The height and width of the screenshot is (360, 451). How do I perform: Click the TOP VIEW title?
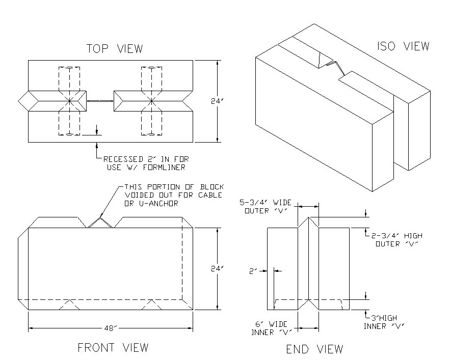click(115, 48)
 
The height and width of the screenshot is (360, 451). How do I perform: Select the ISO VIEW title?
click(403, 46)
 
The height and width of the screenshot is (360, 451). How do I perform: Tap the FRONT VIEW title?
click(113, 348)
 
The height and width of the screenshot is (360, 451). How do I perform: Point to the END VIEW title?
click(314, 349)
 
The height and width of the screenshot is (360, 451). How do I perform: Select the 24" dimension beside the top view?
click(217, 101)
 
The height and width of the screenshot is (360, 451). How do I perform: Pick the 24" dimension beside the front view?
click(217, 269)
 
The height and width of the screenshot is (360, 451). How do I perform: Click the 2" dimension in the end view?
click(253, 271)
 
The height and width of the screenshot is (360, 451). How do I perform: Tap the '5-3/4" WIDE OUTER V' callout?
click(266, 207)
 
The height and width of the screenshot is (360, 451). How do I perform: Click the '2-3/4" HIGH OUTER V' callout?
click(396, 240)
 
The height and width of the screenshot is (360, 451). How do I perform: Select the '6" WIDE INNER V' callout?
click(271, 328)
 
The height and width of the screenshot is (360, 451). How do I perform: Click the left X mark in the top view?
click(70, 101)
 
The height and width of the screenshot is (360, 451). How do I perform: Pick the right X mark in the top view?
click(151, 101)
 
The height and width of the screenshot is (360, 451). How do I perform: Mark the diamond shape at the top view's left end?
click(29, 101)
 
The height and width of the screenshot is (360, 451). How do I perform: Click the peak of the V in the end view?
click(309, 217)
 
